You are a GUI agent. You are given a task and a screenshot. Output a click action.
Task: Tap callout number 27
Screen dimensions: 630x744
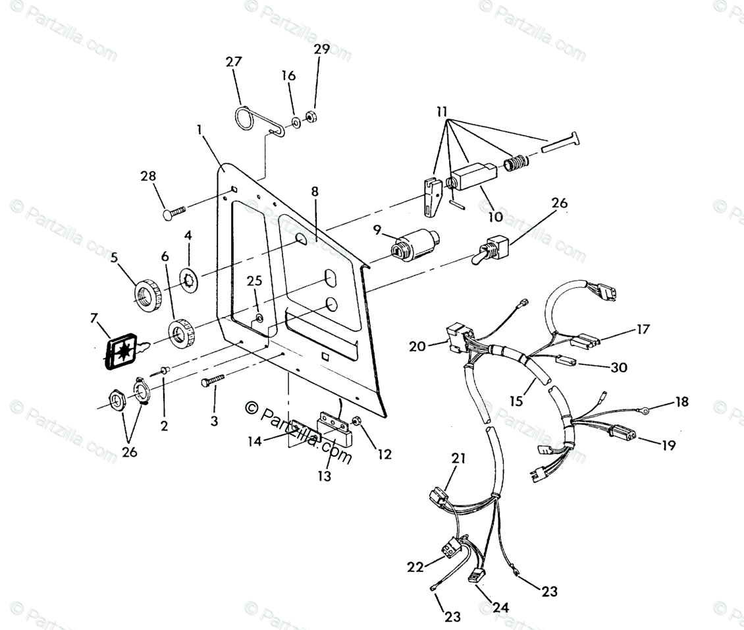coord(234,62)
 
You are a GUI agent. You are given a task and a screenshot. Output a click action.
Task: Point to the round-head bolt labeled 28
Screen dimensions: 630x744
coord(173,212)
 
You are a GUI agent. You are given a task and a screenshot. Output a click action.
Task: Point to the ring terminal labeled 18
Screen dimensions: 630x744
coord(647,411)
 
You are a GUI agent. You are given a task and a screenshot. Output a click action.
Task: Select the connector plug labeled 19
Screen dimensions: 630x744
coord(623,432)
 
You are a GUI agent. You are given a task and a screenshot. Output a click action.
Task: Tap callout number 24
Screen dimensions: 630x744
coord(501,607)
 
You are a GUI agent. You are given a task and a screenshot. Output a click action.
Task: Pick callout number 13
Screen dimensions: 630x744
coord(324,475)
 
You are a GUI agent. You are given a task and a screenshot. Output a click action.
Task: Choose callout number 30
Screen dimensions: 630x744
coord(619,367)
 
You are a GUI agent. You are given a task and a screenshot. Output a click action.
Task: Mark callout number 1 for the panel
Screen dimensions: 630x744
coord(199,130)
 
